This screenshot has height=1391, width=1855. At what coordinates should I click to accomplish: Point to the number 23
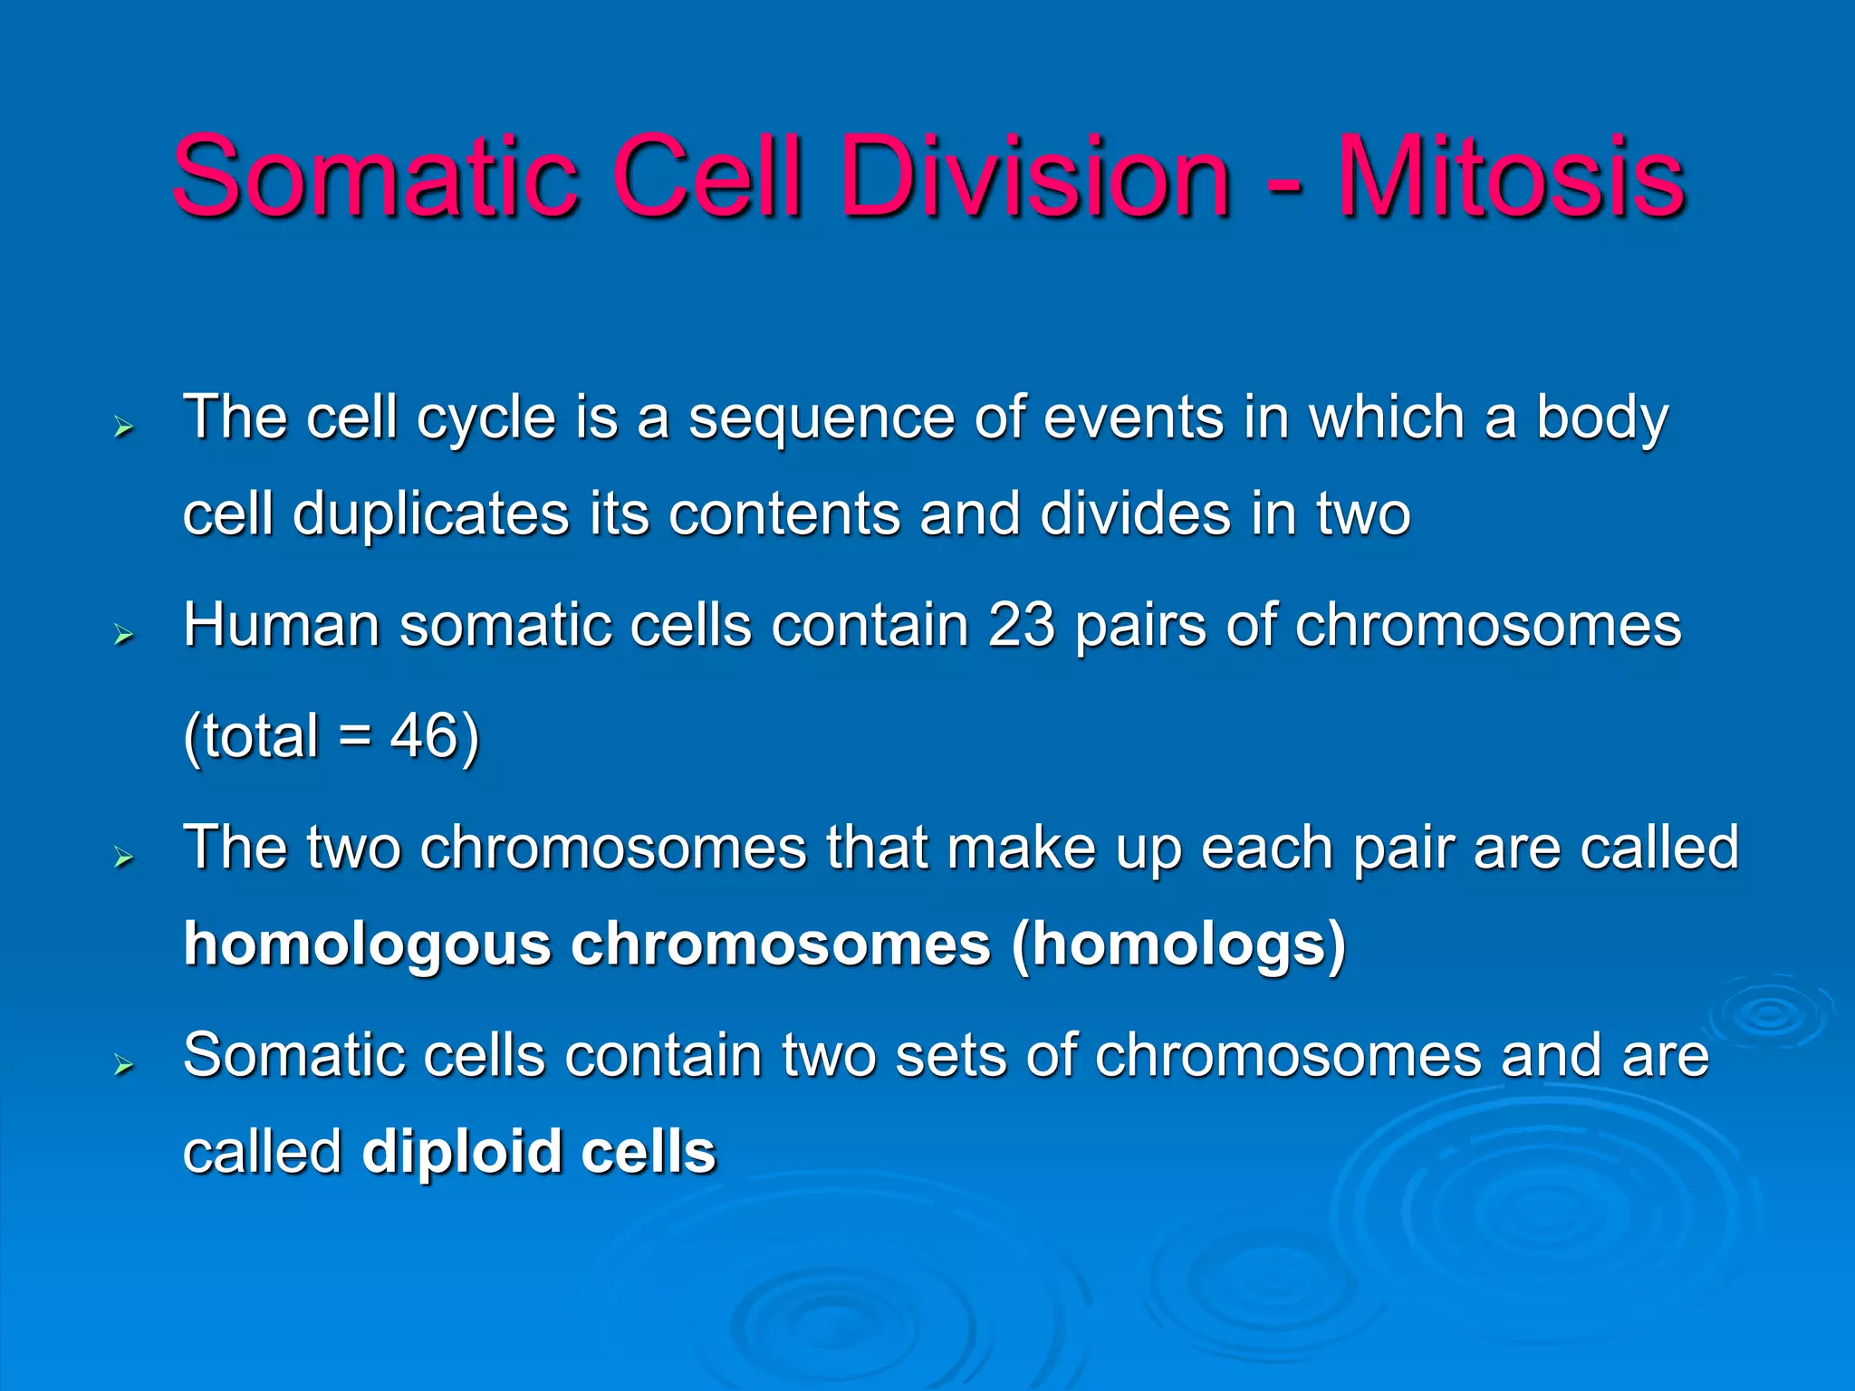pos(1021,626)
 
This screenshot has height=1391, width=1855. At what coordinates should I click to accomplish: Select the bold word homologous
pos(367,945)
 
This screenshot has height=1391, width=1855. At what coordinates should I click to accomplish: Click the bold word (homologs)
pos(1178,945)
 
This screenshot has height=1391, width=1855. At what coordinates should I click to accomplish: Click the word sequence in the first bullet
pos(822,418)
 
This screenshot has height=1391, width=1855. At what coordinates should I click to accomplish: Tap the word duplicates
pos(430,514)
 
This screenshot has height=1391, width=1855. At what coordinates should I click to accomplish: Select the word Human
pos(281,626)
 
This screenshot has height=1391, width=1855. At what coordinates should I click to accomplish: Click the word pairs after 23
pos(1140,626)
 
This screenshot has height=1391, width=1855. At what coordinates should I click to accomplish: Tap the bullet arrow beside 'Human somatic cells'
pos(124,635)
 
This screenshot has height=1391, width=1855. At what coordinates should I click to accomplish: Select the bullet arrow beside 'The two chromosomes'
pos(124,857)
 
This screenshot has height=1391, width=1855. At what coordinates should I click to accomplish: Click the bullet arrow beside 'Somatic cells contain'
pos(124,1064)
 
